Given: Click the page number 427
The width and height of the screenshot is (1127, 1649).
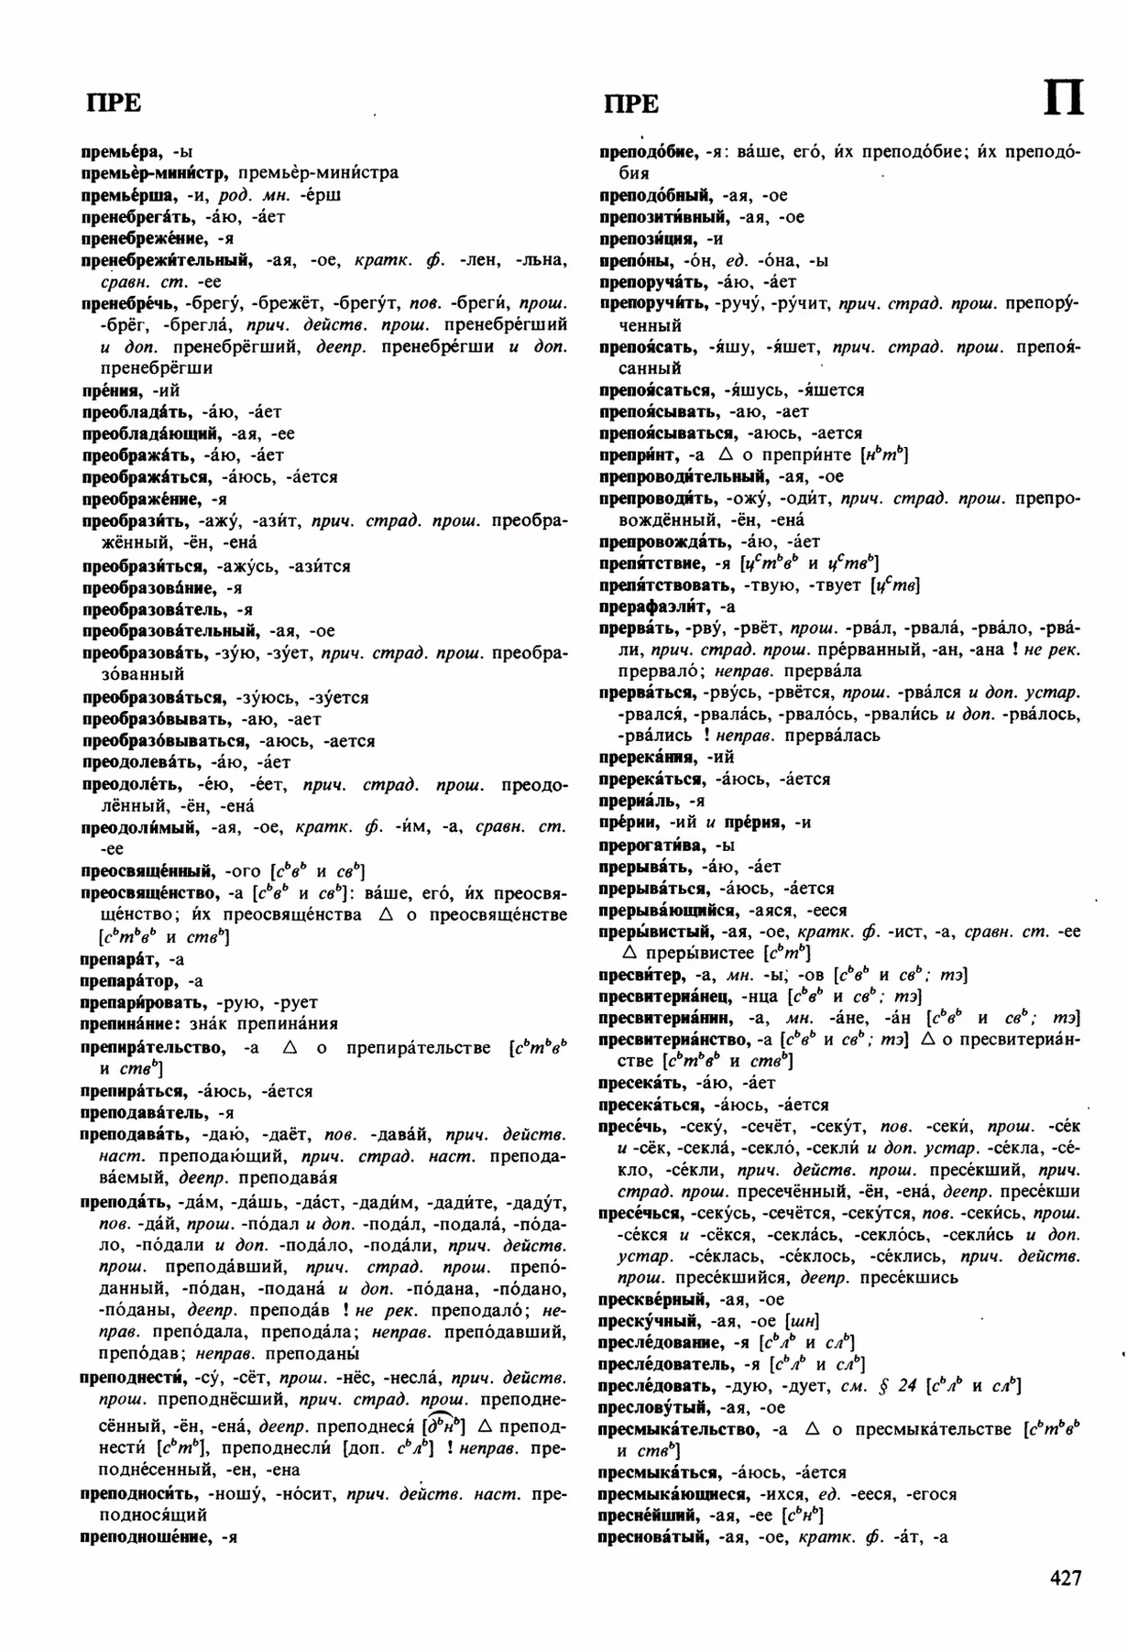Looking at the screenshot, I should coord(1066,1578).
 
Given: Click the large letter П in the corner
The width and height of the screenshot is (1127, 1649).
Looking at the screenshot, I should coord(1065,99).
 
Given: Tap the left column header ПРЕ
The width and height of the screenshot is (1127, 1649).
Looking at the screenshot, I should coord(114,102).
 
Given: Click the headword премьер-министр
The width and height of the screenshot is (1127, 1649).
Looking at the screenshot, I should coord(153,172).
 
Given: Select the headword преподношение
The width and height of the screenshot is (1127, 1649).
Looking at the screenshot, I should coord(146,1537).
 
